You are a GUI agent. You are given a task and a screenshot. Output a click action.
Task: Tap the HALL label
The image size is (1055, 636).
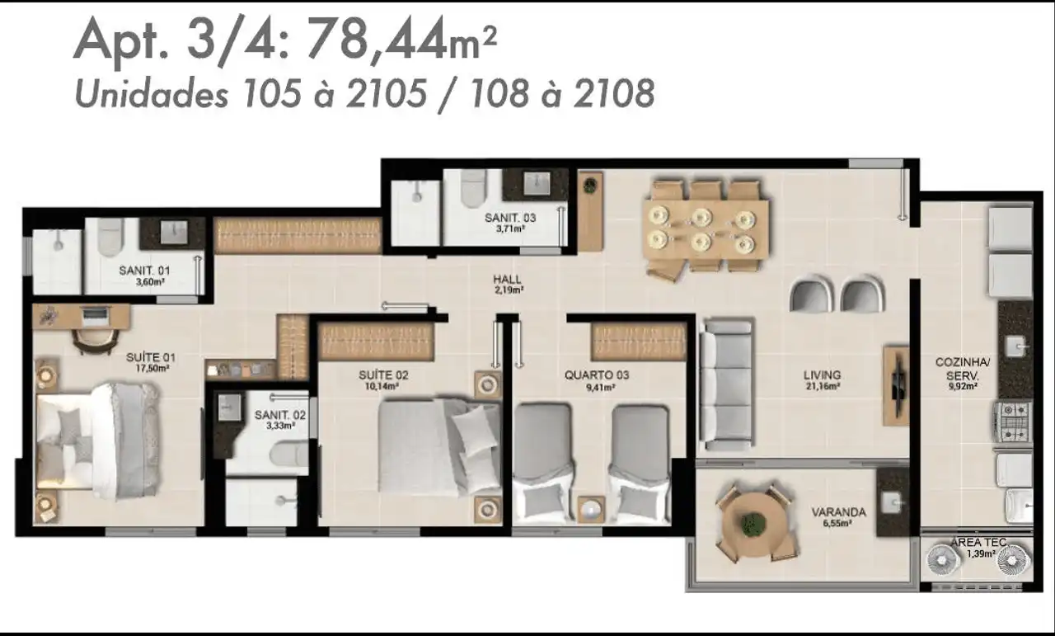point(507,279)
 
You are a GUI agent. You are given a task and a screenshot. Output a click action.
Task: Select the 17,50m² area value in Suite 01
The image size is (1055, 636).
point(152,368)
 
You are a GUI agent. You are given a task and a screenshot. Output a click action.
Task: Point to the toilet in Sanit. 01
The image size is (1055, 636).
point(111,237)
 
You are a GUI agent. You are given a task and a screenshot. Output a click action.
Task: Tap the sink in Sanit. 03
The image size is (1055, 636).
point(537,183)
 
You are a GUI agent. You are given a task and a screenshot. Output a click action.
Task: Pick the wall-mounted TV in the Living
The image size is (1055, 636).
point(898,386)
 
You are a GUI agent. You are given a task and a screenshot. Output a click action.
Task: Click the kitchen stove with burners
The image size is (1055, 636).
point(1013,422)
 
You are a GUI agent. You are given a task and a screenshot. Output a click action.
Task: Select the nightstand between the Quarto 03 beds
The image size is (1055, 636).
point(592,509)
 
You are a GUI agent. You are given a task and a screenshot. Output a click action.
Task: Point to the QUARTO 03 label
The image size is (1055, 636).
point(596,375)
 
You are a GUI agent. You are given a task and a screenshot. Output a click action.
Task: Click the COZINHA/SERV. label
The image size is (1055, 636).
point(962,369)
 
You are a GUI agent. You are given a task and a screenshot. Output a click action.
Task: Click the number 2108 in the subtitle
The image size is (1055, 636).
point(613,93)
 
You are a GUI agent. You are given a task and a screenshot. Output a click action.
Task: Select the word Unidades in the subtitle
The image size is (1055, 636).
point(152,92)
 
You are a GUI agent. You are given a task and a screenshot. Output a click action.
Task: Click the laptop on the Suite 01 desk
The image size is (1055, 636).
point(96,315)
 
